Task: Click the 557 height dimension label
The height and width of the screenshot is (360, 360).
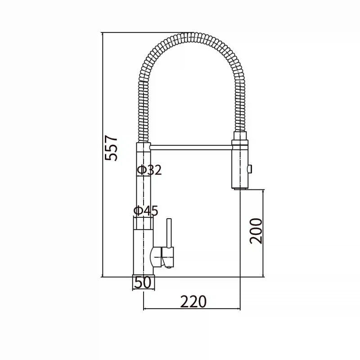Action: click(x=111, y=148)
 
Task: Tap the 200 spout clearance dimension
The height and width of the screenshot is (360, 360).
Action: click(x=256, y=231)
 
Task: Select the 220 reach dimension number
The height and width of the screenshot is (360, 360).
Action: click(x=193, y=301)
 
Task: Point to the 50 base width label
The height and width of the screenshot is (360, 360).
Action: click(x=143, y=282)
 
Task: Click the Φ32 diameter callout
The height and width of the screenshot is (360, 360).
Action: click(x=149, y=170)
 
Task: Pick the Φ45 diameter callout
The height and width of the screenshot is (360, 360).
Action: click(x=146, y=210)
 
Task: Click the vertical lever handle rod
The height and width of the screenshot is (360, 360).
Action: click(x=169, y=233)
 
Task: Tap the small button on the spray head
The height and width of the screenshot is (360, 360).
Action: click(x=249, y=169)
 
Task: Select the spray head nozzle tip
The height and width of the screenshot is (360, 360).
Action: click(x=240, y=189)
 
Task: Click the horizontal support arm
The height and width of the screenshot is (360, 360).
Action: click(x=191, y=148)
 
